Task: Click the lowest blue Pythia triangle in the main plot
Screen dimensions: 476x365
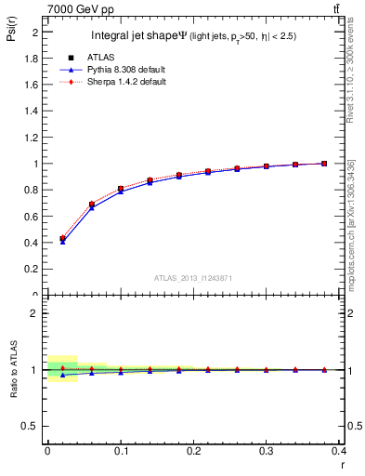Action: [x=62, y=242]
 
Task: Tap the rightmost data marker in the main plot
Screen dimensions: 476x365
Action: [x=324, y=164]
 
